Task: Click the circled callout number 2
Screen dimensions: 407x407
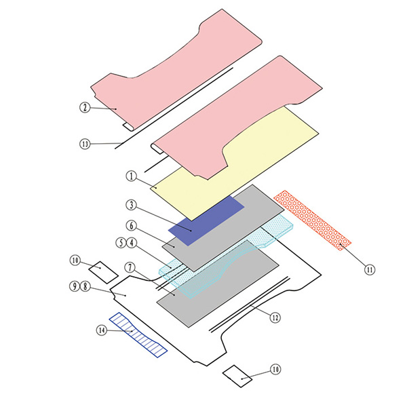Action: (x=85, y=107)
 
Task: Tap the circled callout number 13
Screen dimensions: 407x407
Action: (x=85, y=144)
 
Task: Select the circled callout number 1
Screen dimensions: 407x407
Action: (x=132, y=176)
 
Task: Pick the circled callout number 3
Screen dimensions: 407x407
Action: (x=132, y=205)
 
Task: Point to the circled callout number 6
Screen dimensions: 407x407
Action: (x=132, y=226)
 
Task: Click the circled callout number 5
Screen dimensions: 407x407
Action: (x=121, y=243)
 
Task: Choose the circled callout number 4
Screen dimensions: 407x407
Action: (x=132, y=243)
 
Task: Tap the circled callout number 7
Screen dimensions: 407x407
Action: (x=130, y=267)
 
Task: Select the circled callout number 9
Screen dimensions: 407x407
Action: (x=75, y=286)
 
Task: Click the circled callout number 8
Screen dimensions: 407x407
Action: (x=85, y=286)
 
